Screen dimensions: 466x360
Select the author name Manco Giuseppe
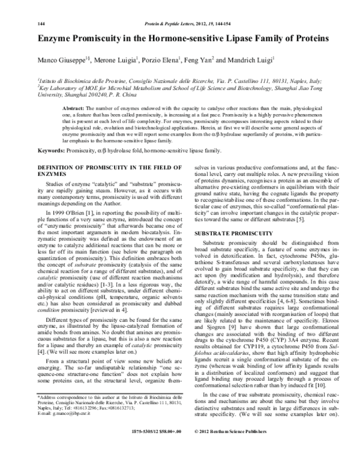pos(58,60)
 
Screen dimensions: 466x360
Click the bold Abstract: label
pos(75,107)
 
